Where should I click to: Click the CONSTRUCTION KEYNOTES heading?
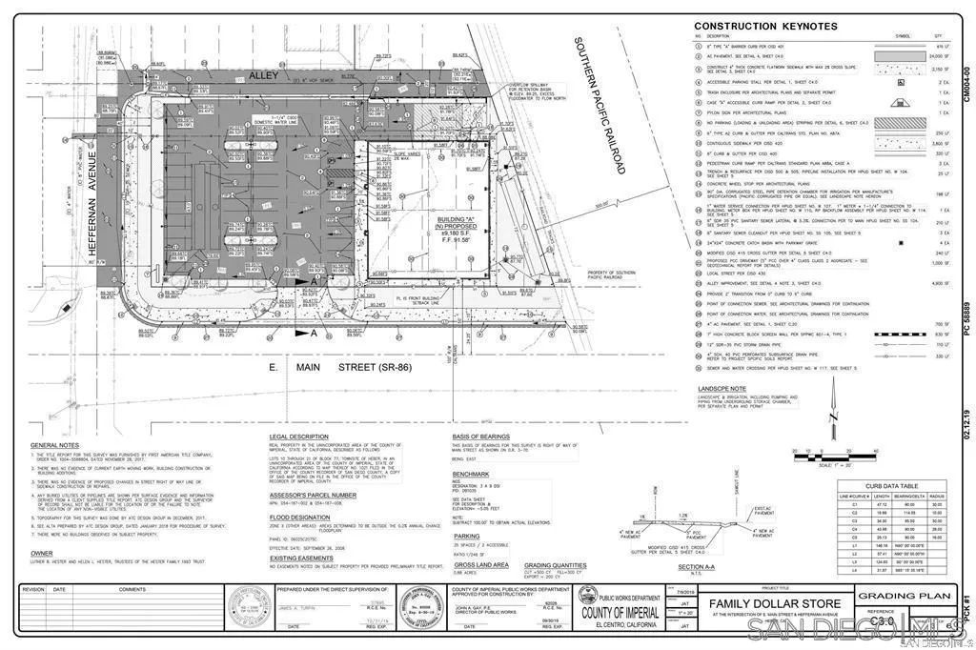(765, 26)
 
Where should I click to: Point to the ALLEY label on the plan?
(262, 73)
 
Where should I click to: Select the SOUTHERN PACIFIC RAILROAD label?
(599, 105)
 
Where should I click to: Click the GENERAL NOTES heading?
(55, 445)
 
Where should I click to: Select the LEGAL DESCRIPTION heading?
(298, 437)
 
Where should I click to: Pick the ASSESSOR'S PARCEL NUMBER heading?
(313, 495)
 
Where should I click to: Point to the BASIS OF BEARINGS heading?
(487, 437)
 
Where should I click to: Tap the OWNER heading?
(42, 552)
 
